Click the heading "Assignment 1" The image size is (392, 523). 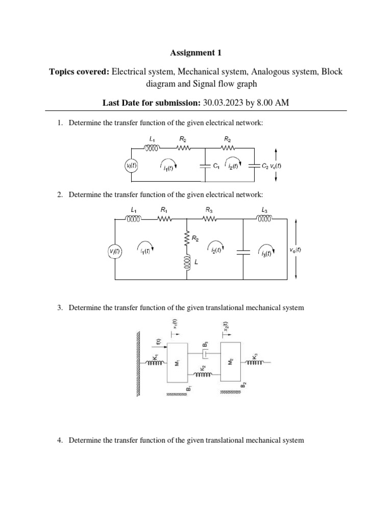tap(196, 52)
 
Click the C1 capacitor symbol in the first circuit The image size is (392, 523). tap(205, 165)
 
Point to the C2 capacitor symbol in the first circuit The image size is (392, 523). tap(254, 165)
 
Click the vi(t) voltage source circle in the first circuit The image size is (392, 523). tap(132, 165)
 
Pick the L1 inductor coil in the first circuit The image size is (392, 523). tap(153, 148)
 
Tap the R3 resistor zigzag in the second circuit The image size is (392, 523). tap(209, 219)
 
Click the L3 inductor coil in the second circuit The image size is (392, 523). tap(264, 219)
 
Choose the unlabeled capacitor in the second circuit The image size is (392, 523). tap(243, 251)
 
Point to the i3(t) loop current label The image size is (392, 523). tap(265, 253)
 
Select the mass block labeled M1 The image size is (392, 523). tap(177, 362)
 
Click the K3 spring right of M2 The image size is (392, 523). tap(255, 363)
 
